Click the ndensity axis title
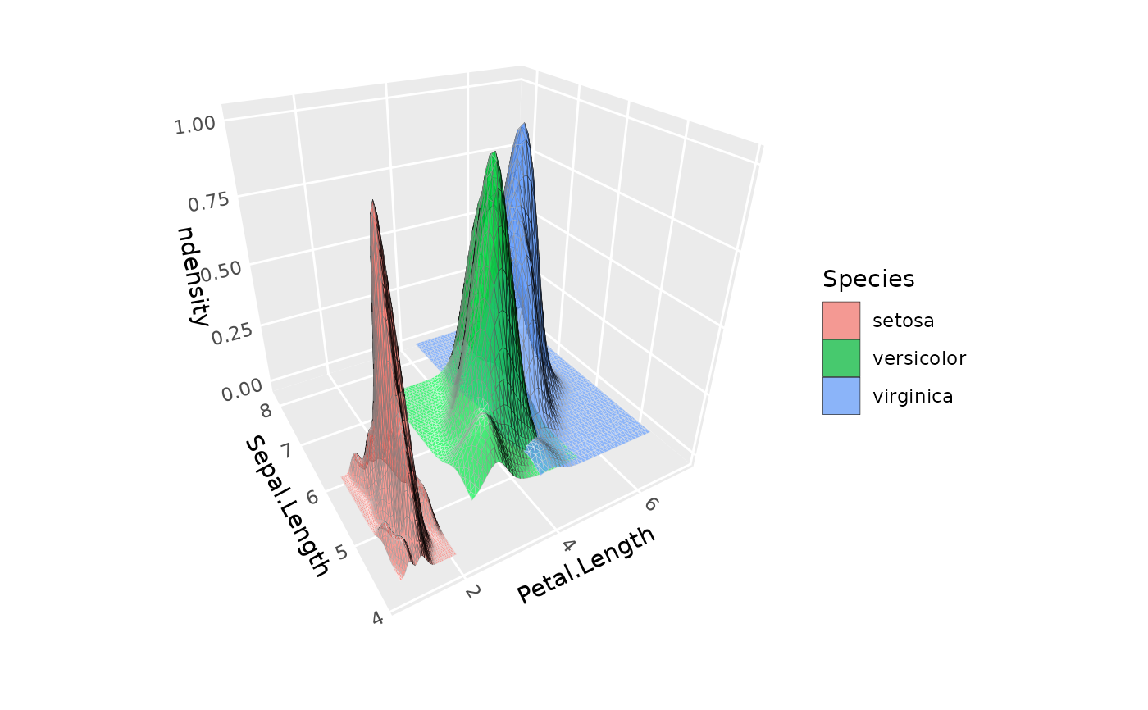(x=194, y=275)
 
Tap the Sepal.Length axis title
(x=287, y=505)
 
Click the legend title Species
(x=868, y=279)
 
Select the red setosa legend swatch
(x=841, y=320)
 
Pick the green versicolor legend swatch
(x=841, y=357)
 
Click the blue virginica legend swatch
(x=841, y=396)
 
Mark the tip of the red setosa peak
(x=372, y=200)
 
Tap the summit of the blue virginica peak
(x=521, y=125)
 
